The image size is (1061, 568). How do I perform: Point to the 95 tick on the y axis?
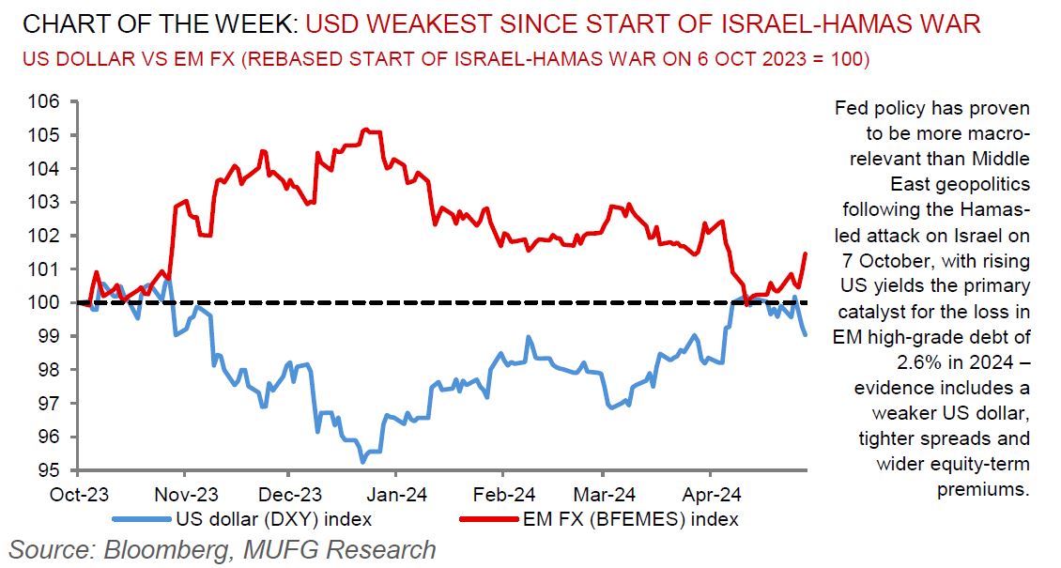49,470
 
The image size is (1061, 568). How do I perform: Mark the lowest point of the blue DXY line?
362,462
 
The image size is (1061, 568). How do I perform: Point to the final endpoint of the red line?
807,253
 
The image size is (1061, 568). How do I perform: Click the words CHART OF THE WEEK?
149,23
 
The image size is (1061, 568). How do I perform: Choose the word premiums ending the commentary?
983,489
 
